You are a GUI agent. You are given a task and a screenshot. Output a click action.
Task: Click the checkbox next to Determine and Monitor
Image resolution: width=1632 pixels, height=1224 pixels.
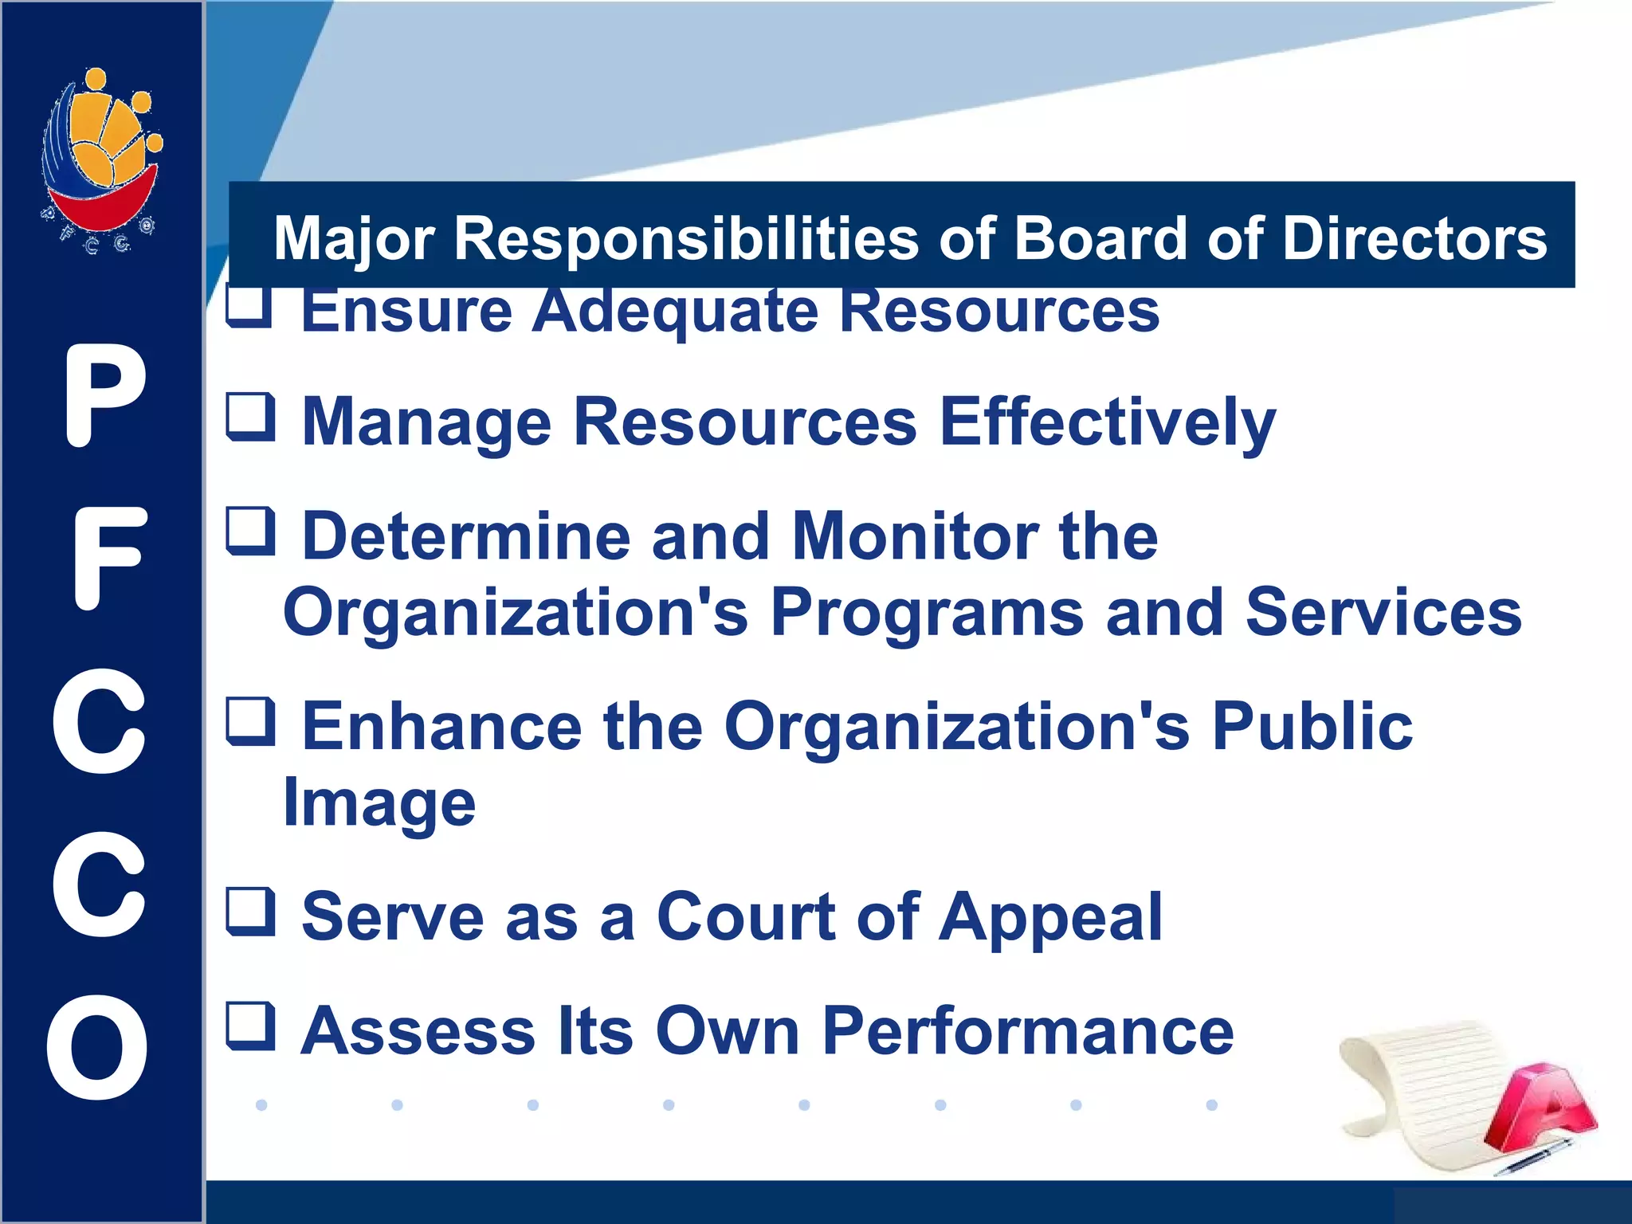click(251, 532)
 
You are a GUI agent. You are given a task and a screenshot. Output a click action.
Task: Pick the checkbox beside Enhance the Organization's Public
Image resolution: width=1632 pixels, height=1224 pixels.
click(251, 722)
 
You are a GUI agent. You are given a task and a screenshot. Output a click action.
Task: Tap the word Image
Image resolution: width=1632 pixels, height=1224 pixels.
click(379, 803)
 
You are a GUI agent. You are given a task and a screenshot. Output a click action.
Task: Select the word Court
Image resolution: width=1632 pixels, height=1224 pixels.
click(746, 916)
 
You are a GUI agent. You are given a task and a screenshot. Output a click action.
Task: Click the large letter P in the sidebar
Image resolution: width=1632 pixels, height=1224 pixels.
click(104, 396)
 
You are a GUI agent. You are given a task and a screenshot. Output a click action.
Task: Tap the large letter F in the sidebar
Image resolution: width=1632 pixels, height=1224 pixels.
click(109, 559)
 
